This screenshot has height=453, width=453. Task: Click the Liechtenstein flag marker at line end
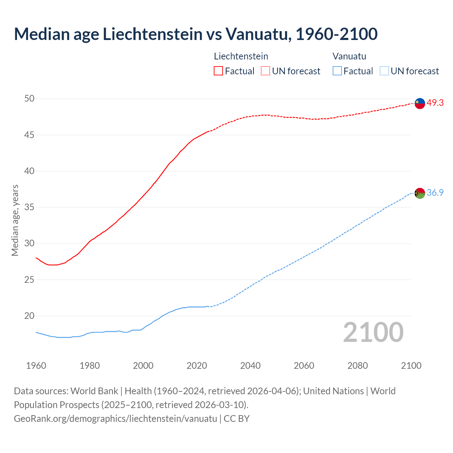420,103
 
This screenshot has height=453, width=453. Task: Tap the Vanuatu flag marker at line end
420,193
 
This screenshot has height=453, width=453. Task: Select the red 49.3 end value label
435,103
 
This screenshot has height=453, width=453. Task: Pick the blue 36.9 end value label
435,193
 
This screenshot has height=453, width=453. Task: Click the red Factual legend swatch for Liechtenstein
218,71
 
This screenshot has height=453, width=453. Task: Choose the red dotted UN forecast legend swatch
265,71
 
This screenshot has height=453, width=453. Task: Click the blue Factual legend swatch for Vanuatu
337,71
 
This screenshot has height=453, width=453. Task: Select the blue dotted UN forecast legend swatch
384,71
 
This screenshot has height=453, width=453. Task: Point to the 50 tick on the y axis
29,99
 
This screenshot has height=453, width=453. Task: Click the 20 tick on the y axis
29,316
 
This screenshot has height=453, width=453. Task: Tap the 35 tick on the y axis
29,207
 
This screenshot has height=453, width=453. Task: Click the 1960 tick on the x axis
36,366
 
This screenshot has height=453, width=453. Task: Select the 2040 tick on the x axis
250,366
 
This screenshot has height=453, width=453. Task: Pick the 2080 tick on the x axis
357,366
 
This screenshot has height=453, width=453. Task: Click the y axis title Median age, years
15,220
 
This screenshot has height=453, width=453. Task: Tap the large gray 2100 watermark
373,332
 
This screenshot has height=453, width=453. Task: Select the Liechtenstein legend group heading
241,56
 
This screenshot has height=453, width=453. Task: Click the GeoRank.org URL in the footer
115,418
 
